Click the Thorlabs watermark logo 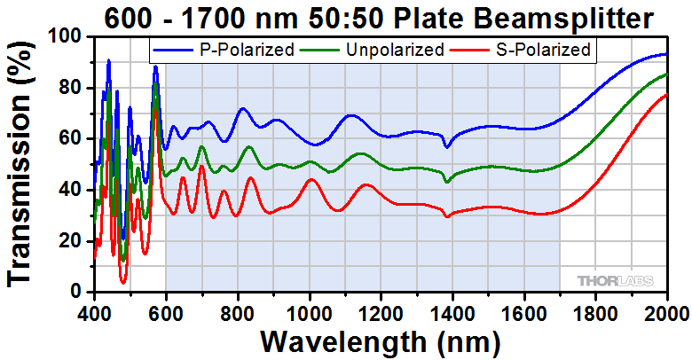click(x=616, y=280)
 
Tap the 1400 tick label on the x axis click(x=452, y=312)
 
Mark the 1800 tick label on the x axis click(x=595, y=312)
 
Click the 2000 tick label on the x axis click(x=665, y=312)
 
